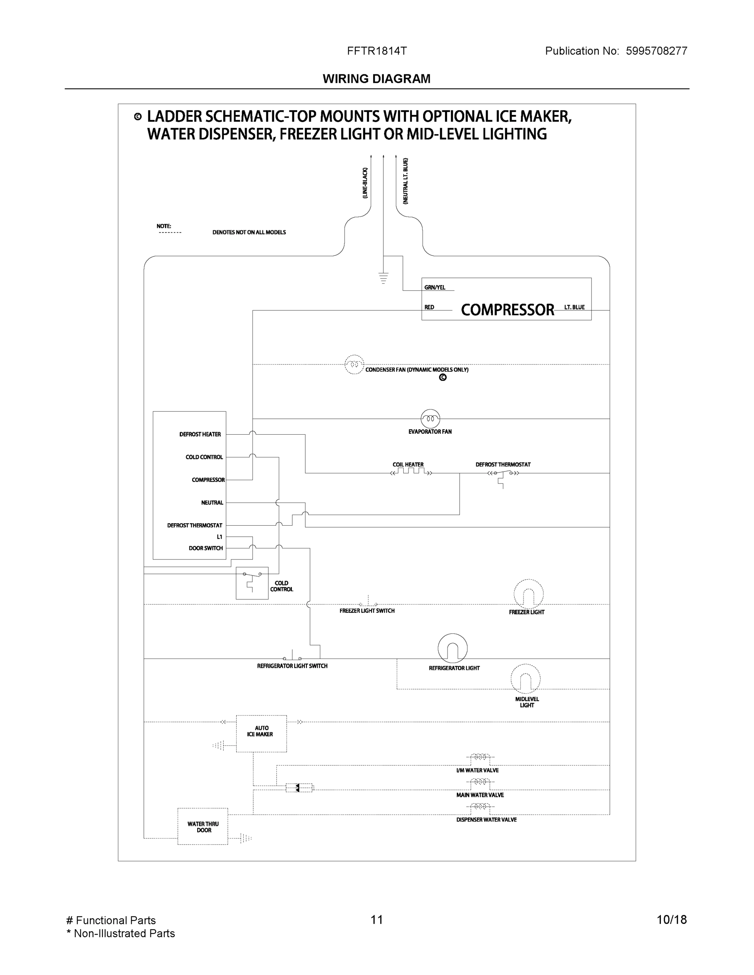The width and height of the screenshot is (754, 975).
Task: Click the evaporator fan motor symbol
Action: click(x=430, y=419)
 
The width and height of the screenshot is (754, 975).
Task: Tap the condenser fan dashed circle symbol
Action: click(x=354, y=364)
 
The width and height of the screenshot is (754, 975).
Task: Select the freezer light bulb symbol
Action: click(x=528, y=594)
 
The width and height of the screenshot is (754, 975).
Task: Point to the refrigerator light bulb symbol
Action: click(x=452, y=648)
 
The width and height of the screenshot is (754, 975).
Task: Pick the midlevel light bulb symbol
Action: click(x=526, y=679)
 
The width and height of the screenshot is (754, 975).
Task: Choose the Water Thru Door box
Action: click(x=203, y=826)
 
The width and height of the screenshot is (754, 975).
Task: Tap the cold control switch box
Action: click(x=252, y=583)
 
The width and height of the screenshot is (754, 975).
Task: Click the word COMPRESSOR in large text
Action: click(x=507, y=310)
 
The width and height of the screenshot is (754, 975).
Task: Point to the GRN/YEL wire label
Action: click(x=435, y=288)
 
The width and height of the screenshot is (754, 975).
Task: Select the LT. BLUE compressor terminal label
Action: click(x=574, y=307)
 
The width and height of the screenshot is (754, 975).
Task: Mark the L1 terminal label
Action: click(x=219, y=537)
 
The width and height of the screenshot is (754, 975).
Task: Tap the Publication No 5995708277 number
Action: click(x=656, y=51)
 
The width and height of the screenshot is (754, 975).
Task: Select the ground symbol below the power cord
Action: click(x=383, y=278)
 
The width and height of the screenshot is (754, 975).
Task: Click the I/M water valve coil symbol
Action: click(x=480, y=757)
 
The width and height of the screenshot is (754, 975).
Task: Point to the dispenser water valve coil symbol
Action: click(x=480, y=806)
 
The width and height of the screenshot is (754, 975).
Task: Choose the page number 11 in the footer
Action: click(x=376, y=920)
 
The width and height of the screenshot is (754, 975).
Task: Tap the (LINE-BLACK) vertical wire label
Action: click(x=365, y=183)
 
